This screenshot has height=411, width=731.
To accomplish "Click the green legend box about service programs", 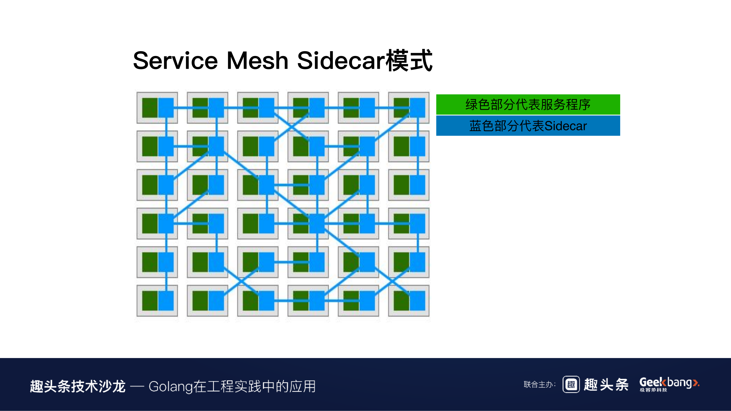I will (x=528, y=104).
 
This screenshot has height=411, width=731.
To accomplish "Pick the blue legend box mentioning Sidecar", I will (x=528, y=126).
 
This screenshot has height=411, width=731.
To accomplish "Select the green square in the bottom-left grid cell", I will (x=150, y=301).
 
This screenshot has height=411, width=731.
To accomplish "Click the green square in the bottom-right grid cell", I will (x=401, y=301).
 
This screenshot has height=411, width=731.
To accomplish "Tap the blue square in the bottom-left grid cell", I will (x=166, y=301).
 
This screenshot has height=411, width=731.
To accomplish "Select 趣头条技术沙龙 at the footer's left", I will (x=78, y=386).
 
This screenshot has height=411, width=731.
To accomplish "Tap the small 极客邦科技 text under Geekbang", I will (x=653, y=390).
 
